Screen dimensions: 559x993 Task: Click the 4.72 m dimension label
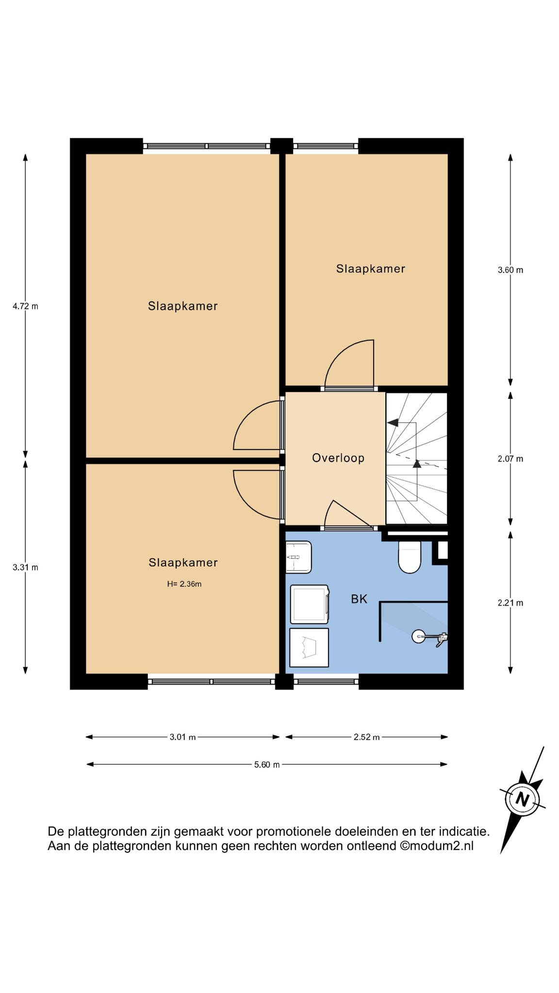click(25, 306)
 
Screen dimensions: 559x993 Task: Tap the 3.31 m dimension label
click(25, 567)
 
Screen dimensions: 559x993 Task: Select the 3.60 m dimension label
click(510, 270)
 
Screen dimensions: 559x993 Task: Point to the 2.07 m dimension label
click(510, 459)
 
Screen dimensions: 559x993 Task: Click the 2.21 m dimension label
click(510, 603)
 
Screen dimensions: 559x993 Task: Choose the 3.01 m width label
click(182, 737)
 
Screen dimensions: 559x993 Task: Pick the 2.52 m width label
click(366, 737)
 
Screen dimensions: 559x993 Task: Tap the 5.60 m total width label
click(267, 765)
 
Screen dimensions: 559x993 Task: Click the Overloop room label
click(338, 458)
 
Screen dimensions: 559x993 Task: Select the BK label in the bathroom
click(359, 599)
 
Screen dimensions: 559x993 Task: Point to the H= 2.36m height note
click(184, 584)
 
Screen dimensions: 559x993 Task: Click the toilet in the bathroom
click(409, 557)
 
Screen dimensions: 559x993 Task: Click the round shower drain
click(418, 636)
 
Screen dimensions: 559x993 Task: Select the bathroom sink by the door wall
click(298, 557)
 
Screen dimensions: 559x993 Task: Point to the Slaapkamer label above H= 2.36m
click(183, 562)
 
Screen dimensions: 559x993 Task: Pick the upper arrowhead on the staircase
click(393, 422)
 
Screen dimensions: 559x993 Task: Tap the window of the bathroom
click(326, 682)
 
